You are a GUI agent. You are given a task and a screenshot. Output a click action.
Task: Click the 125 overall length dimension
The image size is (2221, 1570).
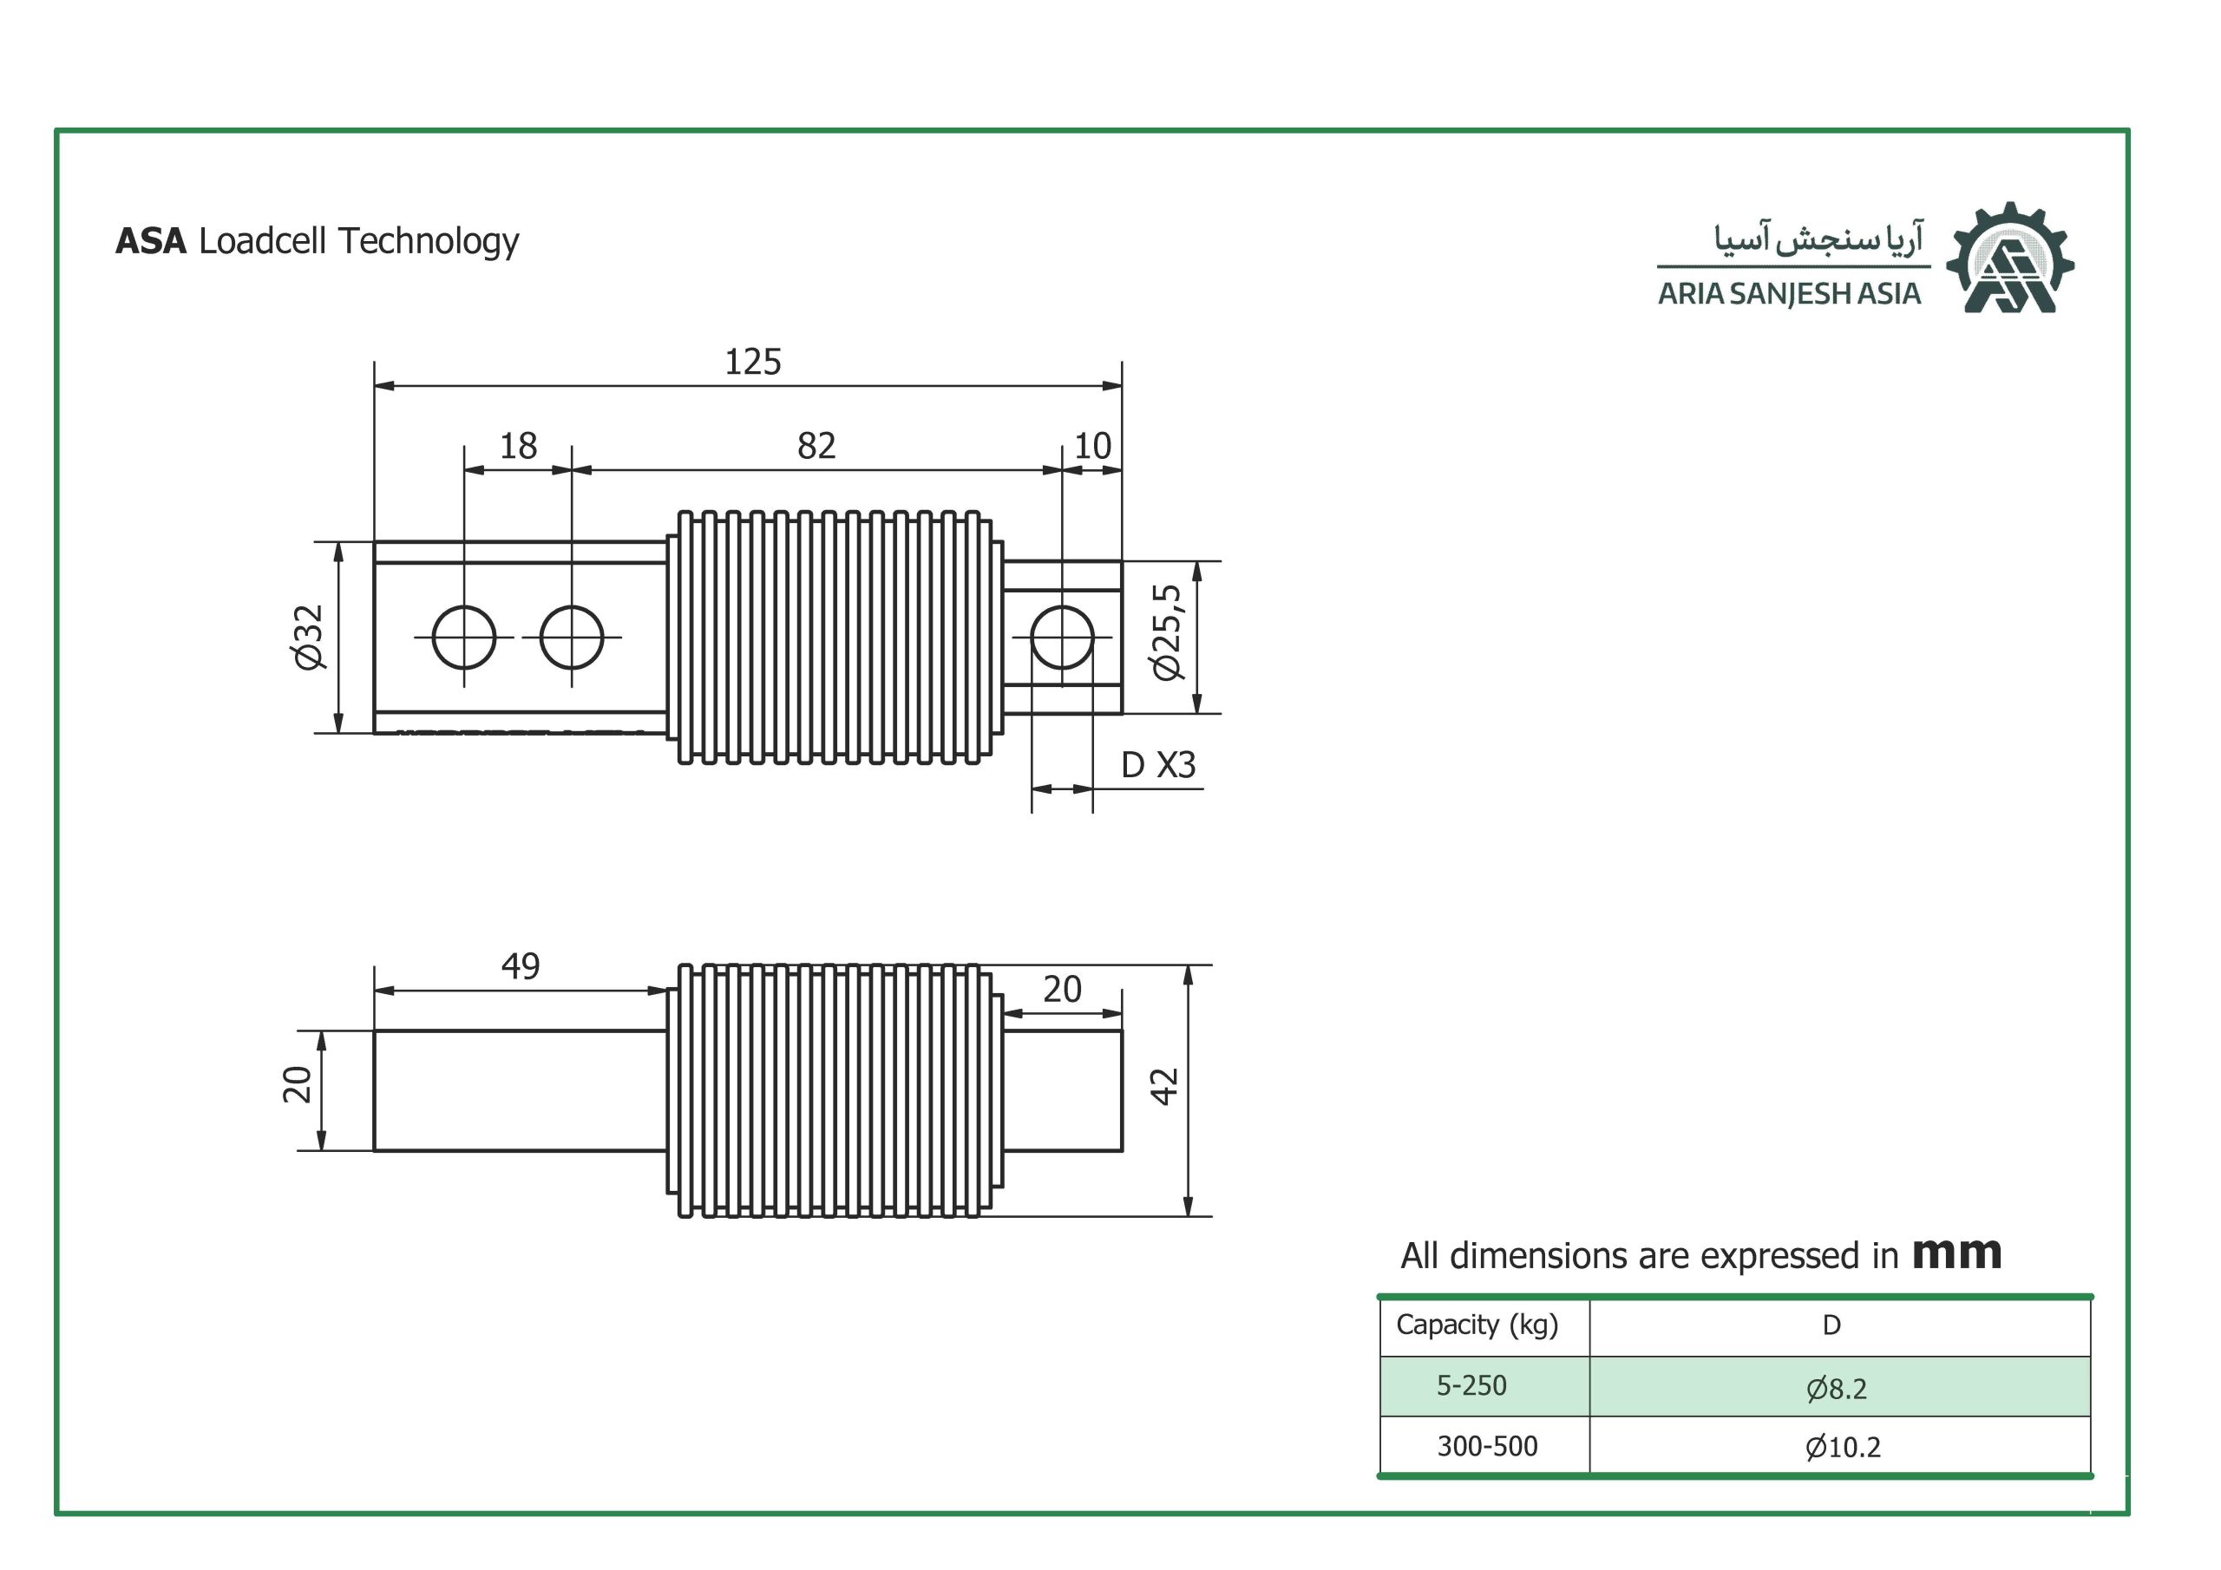(x=752, y=362)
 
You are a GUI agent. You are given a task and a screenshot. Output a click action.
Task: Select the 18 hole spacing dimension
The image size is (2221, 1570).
(x=518, y=446)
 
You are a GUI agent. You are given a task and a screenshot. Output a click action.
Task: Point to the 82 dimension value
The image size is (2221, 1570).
(x=816, y=446)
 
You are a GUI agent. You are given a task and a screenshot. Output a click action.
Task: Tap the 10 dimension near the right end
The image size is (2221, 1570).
(x=1092, y=446)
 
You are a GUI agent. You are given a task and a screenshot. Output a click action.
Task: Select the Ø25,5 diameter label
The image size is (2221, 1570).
(x=1167, y=632)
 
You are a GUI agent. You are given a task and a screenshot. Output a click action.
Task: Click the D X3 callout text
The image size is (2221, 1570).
(x=1158, y=765)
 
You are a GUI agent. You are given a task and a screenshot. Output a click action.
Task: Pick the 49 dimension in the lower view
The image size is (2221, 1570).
(x=521, y=965)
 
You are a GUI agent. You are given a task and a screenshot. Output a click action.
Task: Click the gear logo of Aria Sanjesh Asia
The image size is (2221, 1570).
(x=2010, y=258)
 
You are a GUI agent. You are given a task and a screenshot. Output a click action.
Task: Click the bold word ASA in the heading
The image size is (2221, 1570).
(x=151, y=241)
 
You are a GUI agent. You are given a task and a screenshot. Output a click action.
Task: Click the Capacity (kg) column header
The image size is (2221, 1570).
(x=1477, y=1325)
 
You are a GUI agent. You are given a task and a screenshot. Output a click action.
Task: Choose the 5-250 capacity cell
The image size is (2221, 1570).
(x=1471, y=1385)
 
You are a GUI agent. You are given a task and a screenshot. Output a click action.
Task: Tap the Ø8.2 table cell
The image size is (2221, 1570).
(x=1836, y=1389)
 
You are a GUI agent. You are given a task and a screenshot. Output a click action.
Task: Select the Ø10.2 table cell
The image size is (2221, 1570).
(x=1843, y=1447)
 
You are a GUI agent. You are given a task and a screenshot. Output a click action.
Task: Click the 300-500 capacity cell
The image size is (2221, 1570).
(x=1487, y=1446)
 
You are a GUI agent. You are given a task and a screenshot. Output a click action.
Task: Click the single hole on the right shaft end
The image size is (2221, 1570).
(x=1062, y=638)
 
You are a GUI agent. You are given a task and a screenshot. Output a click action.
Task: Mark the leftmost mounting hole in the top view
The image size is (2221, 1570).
(x=464, y=638)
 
